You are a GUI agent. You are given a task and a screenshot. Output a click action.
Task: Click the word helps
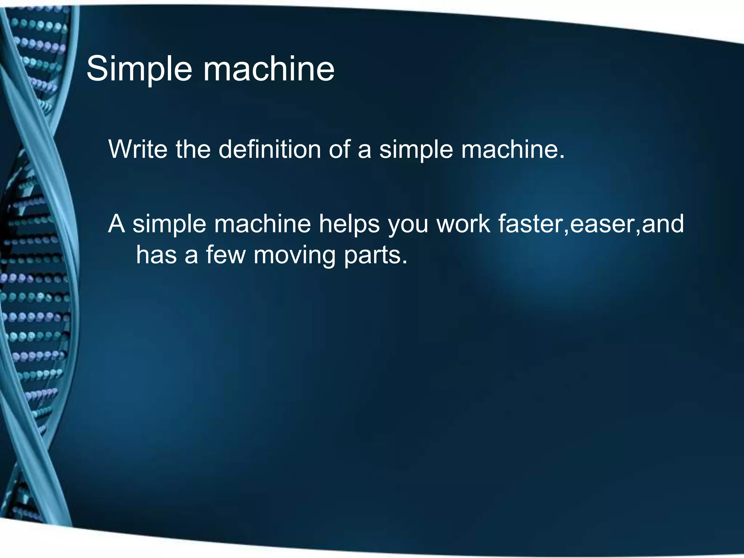pos(349,224)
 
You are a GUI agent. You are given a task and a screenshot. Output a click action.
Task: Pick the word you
pos(408,225)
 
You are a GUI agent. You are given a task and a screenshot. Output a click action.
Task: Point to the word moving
pos(294,256)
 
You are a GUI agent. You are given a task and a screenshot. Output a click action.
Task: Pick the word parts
pos(375,256)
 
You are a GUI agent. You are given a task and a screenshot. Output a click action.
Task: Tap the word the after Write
pos(193,149)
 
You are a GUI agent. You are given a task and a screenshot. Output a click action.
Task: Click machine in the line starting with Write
pos(513,149)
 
